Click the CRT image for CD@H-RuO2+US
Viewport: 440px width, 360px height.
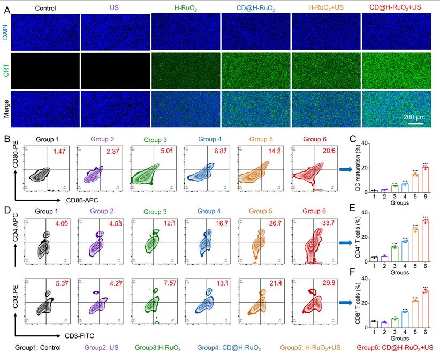pos(397,70)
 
